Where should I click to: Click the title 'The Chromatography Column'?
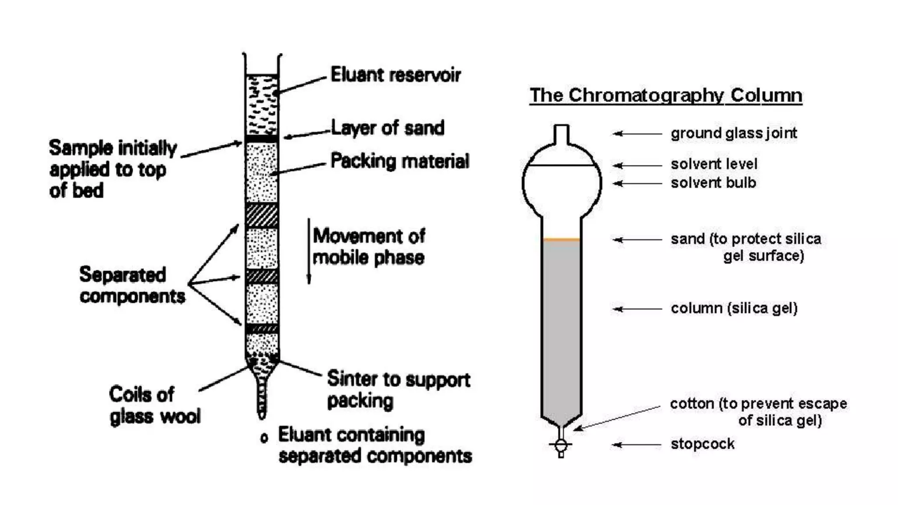[666, 95]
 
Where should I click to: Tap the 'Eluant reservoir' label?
[395, 75]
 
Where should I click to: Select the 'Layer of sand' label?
[387, 128]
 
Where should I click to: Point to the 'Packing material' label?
[399, 161]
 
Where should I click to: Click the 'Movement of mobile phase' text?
[368, 247]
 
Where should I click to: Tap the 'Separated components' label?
[132, 285]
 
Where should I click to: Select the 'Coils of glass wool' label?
[154, 405]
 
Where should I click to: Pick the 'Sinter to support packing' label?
[398, 389]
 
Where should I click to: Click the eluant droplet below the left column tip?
[264, 437]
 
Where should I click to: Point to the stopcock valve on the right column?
[561, 445]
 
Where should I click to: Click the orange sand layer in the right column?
[562, 239]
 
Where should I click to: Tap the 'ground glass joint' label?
[734, 133]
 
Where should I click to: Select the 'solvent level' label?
[714, 164]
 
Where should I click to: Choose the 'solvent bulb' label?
[713, 183]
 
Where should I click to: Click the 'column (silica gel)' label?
[734, 308]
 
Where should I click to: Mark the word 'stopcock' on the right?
[702, 444]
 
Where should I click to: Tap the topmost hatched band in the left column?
[262, 215]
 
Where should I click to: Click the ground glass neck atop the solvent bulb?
[562, 134]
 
